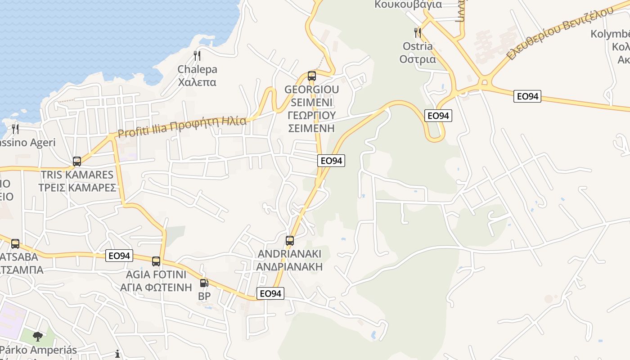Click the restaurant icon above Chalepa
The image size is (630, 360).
[197, 56]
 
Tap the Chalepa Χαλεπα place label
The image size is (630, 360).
[197, 76]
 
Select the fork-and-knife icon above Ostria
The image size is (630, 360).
[418, 32]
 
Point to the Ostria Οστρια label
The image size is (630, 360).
[418, 53]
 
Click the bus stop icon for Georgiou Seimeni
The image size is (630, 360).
[312, 76]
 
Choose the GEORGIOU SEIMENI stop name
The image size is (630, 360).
[311, 108]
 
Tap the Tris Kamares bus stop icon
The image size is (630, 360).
[77, 161]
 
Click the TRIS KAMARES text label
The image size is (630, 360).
[77, 181]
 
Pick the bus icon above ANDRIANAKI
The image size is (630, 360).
[290, 240]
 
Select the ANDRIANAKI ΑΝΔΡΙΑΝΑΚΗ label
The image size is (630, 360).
[290, 260]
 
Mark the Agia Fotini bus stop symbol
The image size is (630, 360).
[156, 261]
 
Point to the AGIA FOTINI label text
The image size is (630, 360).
[156, 281]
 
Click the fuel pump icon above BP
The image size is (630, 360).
[204, 283]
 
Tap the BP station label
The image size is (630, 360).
[204, 297]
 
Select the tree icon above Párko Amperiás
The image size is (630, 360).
[38, 336]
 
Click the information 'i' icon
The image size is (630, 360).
[117, 354]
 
